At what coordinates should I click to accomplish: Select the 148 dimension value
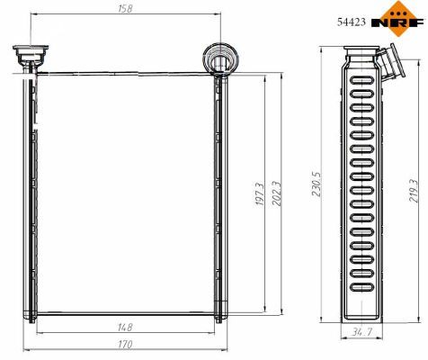pyautogui.click(x=124, y=328)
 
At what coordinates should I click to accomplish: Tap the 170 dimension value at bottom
pyautogui.click(x=125, y=345)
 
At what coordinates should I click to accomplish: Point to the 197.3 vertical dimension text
pyautogui.click(x=260, y=196)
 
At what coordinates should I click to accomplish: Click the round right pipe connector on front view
pyautogui.click(x=218, y=59)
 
